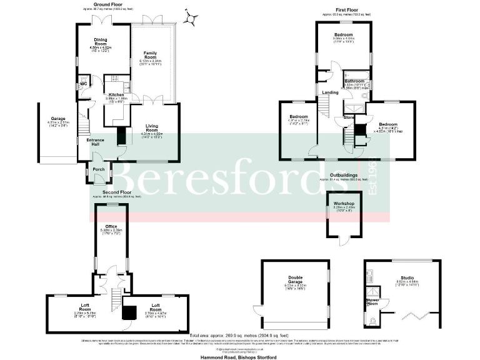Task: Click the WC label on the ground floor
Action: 83,84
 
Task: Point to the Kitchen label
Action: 116,94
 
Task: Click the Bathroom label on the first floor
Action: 356,81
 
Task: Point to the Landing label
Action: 330,92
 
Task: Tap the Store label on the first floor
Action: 349,116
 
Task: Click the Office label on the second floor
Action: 111,226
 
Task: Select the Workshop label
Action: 344,204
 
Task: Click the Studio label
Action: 407,278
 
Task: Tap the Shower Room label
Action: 373,302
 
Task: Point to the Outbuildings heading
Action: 343,176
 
